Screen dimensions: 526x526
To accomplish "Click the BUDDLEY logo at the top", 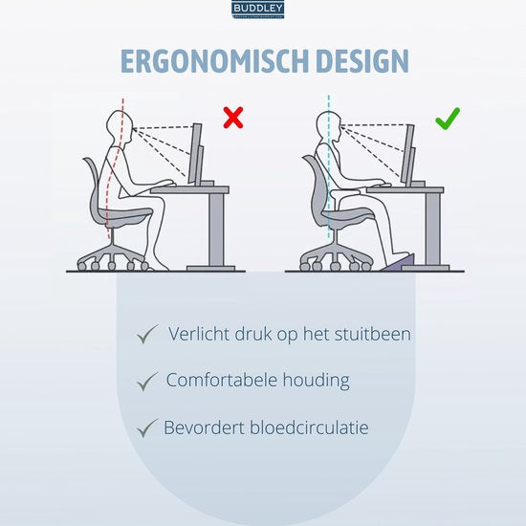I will pyautogui.click(x=263, y=10).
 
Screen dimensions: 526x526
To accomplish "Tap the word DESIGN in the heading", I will pyautogui.click(x=353, y=61).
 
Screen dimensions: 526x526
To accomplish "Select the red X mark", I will pyautogui.click(x=232, y=118).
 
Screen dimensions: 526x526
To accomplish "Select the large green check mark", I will pyautogui.click(x=447, y=119).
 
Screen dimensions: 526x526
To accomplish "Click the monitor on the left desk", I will pyautogui.click(x=196, y=153).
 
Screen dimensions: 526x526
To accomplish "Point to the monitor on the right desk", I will pyautogui.click(x=409, y=153).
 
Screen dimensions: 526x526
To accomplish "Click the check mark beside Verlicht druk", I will pyautogui.click(x=146, y=335).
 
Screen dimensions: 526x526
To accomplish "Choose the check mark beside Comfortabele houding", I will pyautogui.click(x=146, y=381).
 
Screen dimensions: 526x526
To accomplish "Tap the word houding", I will pyautogui.click(x=317, y=380).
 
